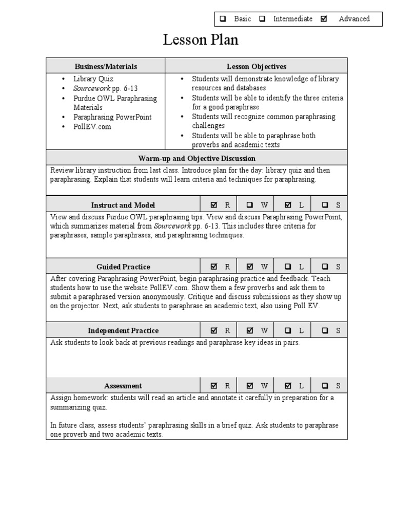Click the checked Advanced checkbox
[324, 19]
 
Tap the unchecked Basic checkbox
[223, 19]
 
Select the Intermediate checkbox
[263, 19]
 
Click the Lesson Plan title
[201, 40]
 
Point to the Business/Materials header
[106, 66]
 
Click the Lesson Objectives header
[257, 66]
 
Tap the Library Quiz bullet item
[93, 79]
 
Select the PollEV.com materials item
[92, 126]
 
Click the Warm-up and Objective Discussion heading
[196, 158]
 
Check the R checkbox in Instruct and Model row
[214, 205]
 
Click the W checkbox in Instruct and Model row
[250, 205]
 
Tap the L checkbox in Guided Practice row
[288, 267]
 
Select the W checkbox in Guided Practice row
[250, 267]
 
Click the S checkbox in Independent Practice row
[325, 330]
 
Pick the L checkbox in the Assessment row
[288, 386]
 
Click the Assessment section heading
[123, 386]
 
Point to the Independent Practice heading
[123, 330]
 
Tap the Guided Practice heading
[123, 267]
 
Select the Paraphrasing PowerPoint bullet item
[112, 117]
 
